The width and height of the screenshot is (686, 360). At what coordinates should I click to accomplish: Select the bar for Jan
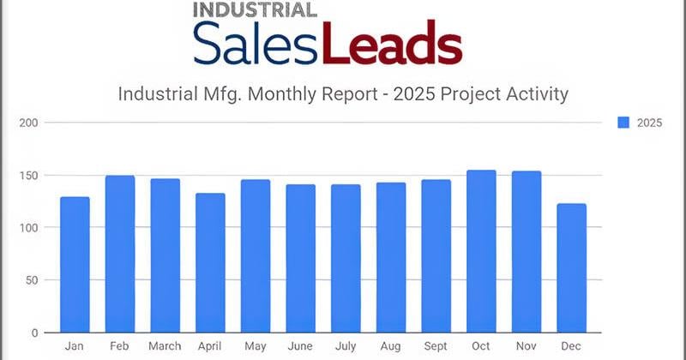point(75,265)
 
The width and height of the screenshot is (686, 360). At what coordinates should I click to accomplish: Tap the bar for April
point(210,263)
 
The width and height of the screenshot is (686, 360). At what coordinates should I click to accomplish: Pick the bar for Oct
point(481,251)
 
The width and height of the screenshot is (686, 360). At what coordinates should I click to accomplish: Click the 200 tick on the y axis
point(28,123)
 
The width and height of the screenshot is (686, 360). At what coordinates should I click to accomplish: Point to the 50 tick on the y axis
point(32,280)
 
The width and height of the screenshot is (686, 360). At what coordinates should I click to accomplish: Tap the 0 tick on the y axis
point(35,333)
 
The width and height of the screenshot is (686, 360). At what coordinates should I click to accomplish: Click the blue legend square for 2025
point(623,123)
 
